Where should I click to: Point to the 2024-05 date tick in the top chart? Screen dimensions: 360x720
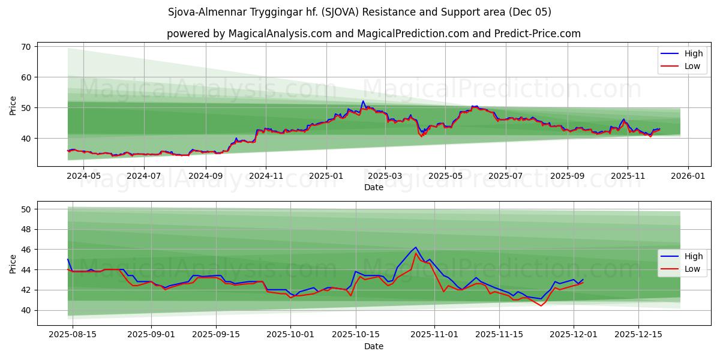83,176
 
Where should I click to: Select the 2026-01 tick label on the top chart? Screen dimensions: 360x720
688,176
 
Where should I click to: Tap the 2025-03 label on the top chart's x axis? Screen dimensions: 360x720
385,176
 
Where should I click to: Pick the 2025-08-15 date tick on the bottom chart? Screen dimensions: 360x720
73,334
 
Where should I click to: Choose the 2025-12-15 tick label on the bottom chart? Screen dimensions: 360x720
638,334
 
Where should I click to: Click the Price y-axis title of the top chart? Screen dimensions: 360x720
13,106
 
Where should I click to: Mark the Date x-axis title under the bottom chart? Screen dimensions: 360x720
373,346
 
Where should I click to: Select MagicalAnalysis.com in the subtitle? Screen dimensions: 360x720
280,34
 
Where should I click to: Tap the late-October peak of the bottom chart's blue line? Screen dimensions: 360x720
416,247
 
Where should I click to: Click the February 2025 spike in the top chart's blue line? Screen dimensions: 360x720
363,101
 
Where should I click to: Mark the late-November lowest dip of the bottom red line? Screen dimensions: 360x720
541,306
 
